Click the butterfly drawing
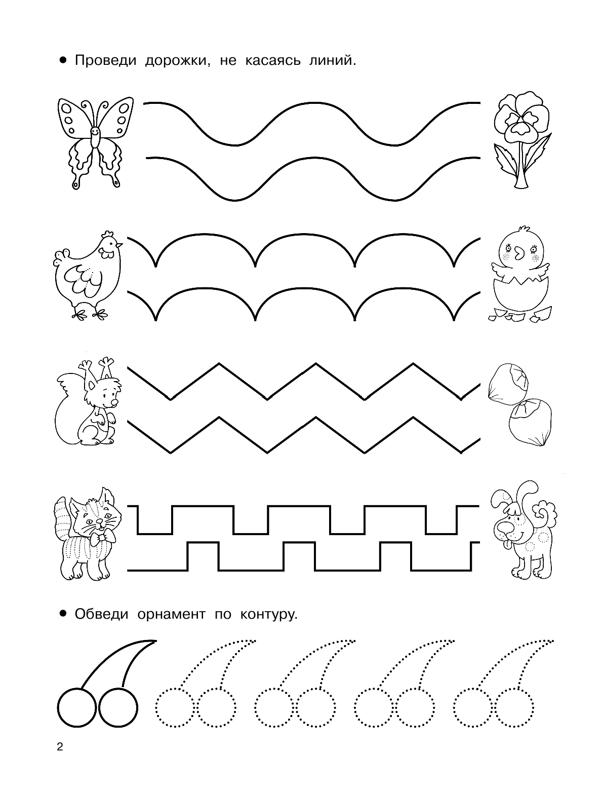(x=95, y=143)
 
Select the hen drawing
(x=87, y=275)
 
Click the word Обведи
(x=101, y=614)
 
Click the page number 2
(x=60, y=746)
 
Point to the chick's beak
(x=519, y=253)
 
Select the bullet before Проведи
(x=63, y=60)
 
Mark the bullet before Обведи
(x=63, y=614)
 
